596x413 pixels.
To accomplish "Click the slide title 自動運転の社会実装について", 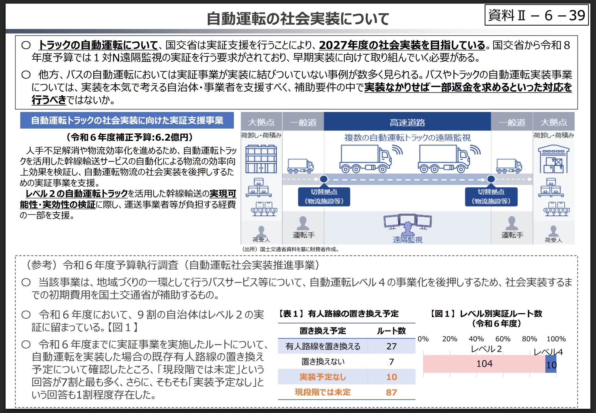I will [298, 19].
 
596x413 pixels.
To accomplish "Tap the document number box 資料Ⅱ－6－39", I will [536, 15].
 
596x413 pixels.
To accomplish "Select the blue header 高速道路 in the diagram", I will [407, 122].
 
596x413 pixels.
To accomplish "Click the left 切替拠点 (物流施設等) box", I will [324, 197].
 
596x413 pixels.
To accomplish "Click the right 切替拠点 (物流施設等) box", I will [491, 197].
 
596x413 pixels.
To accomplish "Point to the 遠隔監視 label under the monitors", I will [407, 240].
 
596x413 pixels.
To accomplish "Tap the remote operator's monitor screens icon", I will [407, 222].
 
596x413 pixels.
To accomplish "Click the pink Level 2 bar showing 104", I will [484, 364].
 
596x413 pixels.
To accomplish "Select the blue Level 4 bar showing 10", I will [551, 365].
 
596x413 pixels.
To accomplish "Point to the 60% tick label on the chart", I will [503, 339].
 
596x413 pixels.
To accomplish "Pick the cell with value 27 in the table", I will [391, 346].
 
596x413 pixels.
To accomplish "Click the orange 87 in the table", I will [391, 392].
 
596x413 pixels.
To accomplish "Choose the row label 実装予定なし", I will [322, 377].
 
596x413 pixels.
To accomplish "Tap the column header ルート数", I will [391, 331].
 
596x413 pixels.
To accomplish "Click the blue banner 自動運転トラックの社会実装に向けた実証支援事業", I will [127, 120].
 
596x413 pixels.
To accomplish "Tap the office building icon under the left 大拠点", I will [261, 159].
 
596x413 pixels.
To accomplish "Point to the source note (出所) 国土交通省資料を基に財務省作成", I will [290, 249].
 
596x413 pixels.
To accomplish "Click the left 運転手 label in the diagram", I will [304, 235].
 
